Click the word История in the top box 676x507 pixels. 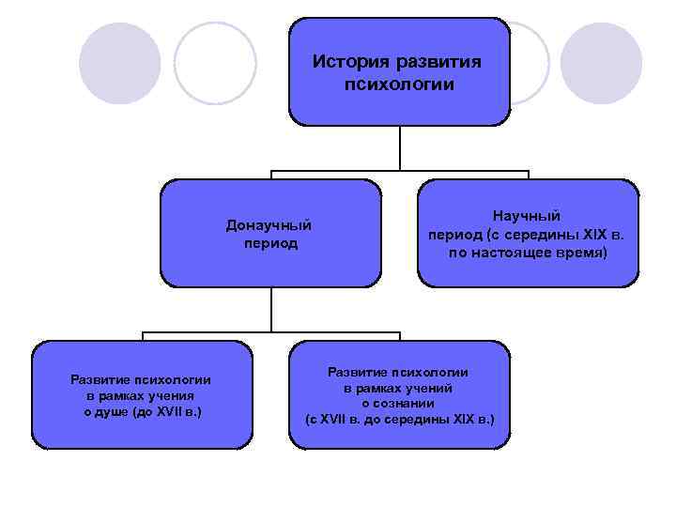point(348,62)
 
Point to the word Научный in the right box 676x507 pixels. point(527,215)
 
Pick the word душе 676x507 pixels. point(116,411)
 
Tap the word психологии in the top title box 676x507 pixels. point(399,84)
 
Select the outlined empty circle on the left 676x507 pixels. point(215,63)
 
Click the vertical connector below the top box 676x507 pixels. point(400,148)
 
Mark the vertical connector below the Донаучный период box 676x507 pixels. point(271,309)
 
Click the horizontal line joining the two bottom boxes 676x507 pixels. point(271,332)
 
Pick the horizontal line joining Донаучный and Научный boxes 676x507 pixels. point(400,171)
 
